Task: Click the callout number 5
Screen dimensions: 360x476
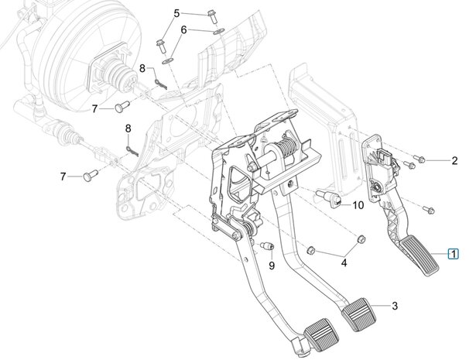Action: (x=176, y=13)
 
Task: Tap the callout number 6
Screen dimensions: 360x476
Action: (x=183, y=29)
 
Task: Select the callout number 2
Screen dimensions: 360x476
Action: (x=456, y=160)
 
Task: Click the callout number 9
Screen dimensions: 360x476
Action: (x=272, y=266)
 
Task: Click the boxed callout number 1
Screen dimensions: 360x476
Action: (x=455, y=253)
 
